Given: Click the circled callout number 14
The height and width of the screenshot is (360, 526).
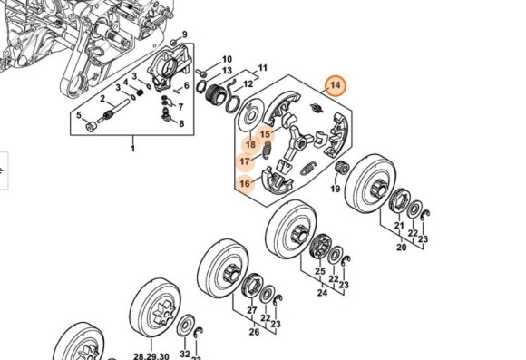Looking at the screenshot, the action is coord(336,85).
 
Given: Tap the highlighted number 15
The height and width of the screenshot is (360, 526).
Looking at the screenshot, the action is coord(265,134).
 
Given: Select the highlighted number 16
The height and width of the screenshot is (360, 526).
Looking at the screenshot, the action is coord(245,183).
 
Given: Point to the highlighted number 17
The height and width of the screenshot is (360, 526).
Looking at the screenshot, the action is coord(245,161).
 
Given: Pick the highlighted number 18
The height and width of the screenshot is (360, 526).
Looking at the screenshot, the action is coord(250,145).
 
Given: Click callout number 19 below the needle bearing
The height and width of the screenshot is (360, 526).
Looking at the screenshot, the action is coord(336,189).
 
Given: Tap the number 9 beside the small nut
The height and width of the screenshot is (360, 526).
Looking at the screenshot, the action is coord(184,34).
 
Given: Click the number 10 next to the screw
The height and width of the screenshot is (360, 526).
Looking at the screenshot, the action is coord(227,59).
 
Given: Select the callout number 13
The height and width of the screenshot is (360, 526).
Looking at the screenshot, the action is coord(227,71).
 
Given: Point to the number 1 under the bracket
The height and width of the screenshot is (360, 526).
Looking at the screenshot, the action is coord(132,148).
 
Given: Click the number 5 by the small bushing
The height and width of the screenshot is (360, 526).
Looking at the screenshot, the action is coord(79,115).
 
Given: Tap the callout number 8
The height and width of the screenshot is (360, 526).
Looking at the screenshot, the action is coord(181,124).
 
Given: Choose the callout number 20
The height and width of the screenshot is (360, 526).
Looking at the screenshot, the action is coord(402,248).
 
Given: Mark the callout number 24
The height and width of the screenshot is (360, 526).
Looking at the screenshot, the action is coord(322,293).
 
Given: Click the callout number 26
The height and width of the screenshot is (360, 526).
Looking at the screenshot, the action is coord(254,332).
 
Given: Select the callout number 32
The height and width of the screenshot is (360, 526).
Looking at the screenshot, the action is coord(185,354).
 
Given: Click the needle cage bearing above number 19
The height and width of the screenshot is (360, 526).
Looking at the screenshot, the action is coord(343,167).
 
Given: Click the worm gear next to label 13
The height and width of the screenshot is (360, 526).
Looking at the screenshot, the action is coord(214,95).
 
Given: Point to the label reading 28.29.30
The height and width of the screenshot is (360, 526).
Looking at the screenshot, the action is coord(151,356).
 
